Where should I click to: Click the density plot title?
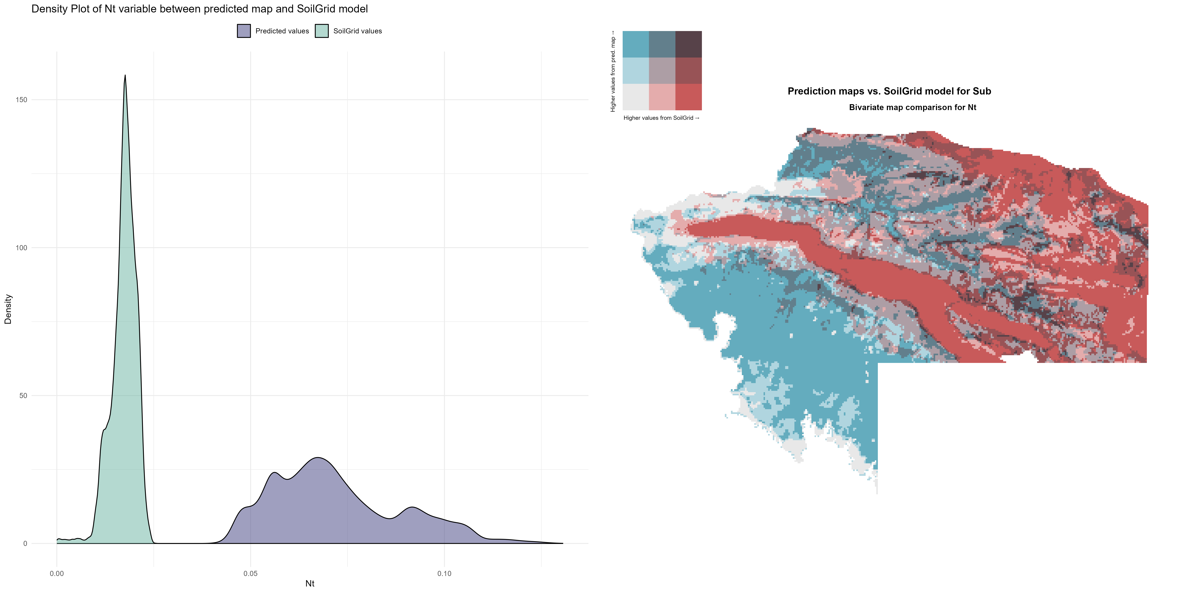point(199,9)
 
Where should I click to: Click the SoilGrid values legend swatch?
point(322,31)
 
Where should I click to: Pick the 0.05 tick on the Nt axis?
point(250,574)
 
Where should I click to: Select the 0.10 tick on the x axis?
point(444,574)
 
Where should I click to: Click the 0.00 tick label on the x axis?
point(57,574)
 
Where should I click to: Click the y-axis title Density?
point(8,309)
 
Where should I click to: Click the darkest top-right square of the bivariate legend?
point(688,44)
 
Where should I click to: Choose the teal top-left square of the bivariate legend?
point(635,44)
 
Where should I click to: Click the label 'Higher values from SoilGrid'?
point(661,118)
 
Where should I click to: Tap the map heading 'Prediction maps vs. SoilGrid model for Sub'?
point(889,91)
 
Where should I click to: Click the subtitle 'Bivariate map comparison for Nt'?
point(912,107)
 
